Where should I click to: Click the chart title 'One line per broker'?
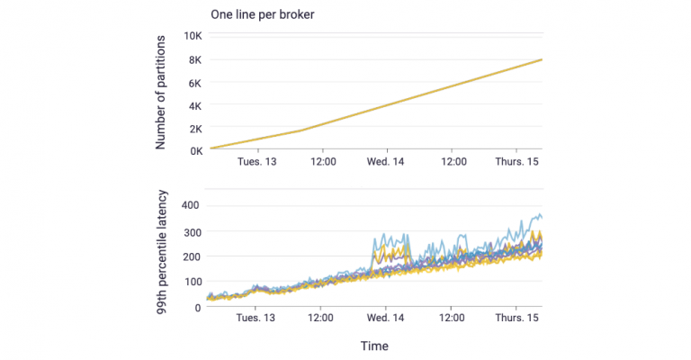[x=261, y=14]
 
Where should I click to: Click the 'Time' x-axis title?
[x=374, y=346]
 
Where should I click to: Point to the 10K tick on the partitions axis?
[x=190, y=37]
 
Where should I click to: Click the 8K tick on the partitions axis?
[x=193, y=60]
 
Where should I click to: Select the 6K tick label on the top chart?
[x=193, y=83]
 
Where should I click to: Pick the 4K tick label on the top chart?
[x=193, y=105]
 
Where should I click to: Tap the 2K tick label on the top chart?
[x=193, y=128]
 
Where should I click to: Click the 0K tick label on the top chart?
[x=193, y=150]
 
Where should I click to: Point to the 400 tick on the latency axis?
[x=190, y=206]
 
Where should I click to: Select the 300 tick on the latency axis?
[x=190, y=231]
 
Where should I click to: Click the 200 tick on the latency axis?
[x=190, y=256]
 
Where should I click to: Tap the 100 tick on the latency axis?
[x=190, y=282]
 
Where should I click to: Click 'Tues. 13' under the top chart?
[x=256, y=163]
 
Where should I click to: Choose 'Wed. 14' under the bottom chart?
[x=386, y=318]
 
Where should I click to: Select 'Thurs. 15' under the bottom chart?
[x=516, y=318]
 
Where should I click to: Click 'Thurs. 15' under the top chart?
[x=516, y=163]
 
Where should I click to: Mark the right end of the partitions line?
[x=541, y=59]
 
